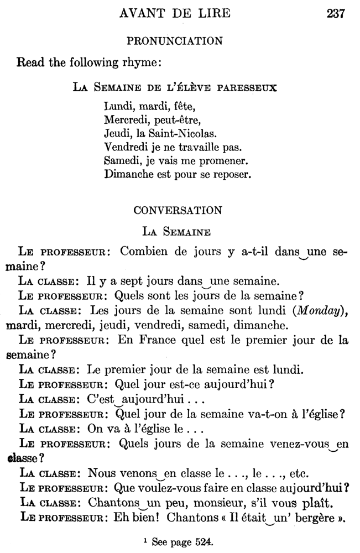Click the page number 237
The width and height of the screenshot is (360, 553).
click(x=336, y=14)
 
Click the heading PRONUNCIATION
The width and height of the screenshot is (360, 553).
click(x=175, y=40)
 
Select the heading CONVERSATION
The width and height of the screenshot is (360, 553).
click(x=178, y=210)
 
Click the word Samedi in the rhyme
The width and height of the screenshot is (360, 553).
click(x=122, y=161)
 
